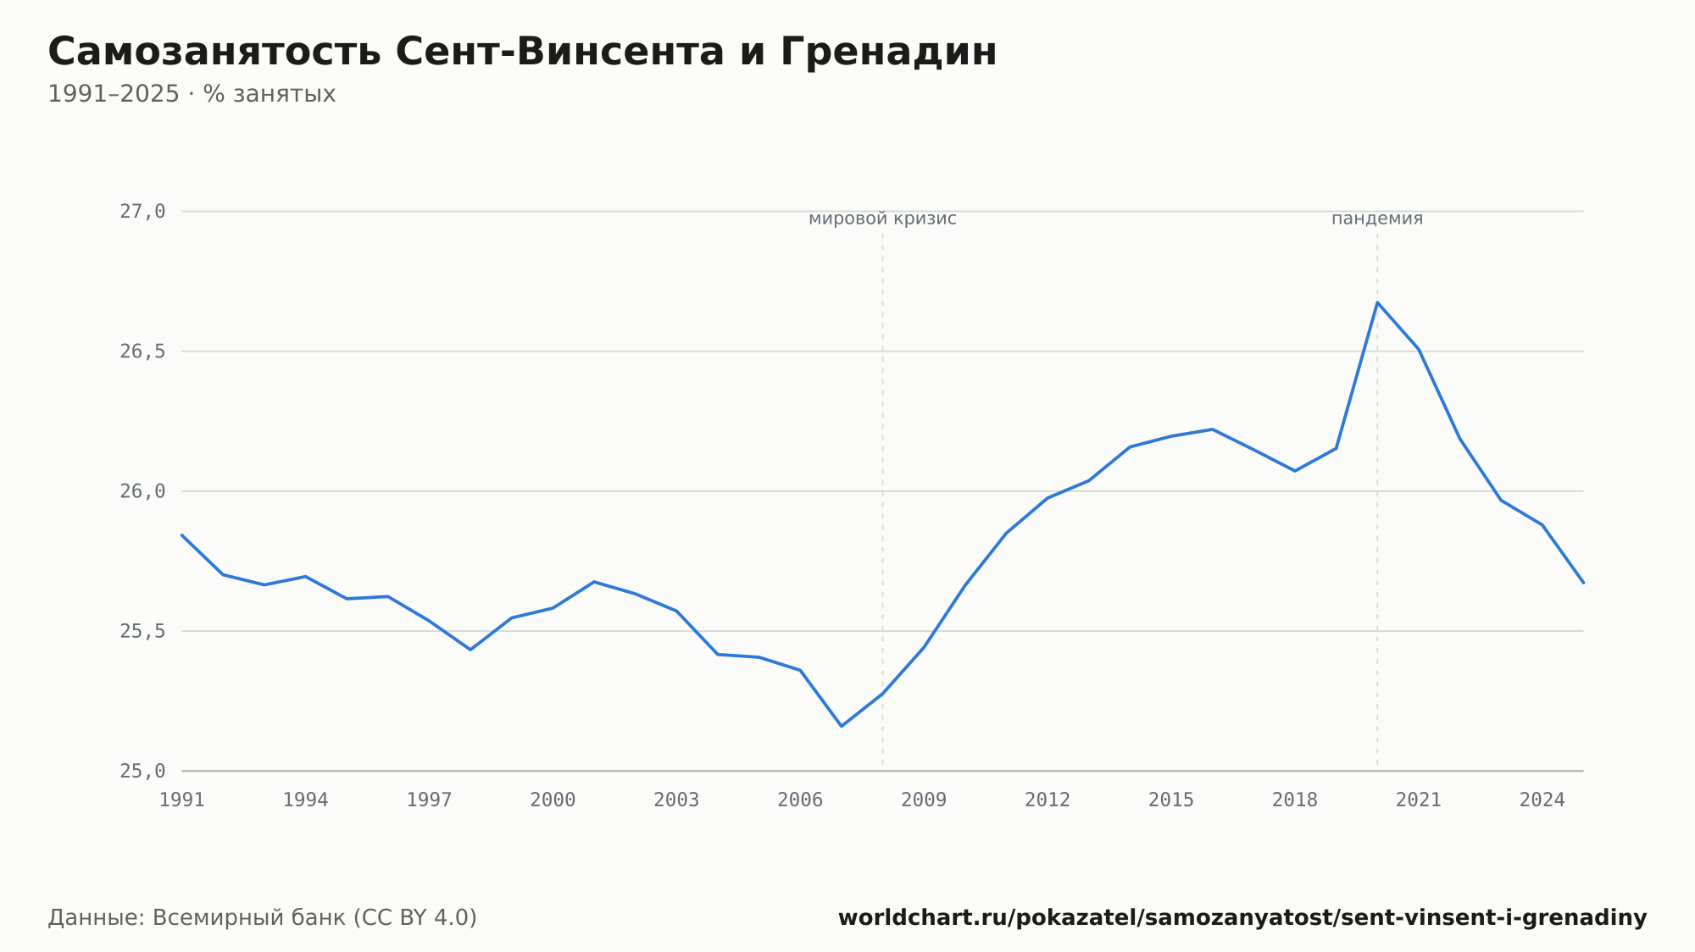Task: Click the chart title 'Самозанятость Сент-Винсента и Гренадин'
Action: [522, 53]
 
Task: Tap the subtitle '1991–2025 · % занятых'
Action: [192, 94]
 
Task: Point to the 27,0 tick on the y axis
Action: [142, 212]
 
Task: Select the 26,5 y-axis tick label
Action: [142, 351]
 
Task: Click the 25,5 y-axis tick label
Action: [142, 631]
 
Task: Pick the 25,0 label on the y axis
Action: [142, 771]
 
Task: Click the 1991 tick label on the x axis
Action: [182, 800]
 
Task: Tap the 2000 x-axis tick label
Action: [553, 800]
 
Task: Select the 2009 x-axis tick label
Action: [924, 800]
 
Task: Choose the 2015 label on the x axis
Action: [1171, 800]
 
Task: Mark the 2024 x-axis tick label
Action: [1542, 800]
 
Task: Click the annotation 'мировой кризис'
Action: [882, 219]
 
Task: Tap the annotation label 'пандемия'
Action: [1377, 219]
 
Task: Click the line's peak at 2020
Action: [1377, 302]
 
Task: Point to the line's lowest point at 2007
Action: [841, 726]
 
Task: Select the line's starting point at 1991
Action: [182, 535]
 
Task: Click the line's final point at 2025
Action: [1582, 583]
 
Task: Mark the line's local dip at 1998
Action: [470, 650]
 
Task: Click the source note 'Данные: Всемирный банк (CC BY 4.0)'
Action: [263, 918]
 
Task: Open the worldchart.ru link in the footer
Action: [1242, 918]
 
